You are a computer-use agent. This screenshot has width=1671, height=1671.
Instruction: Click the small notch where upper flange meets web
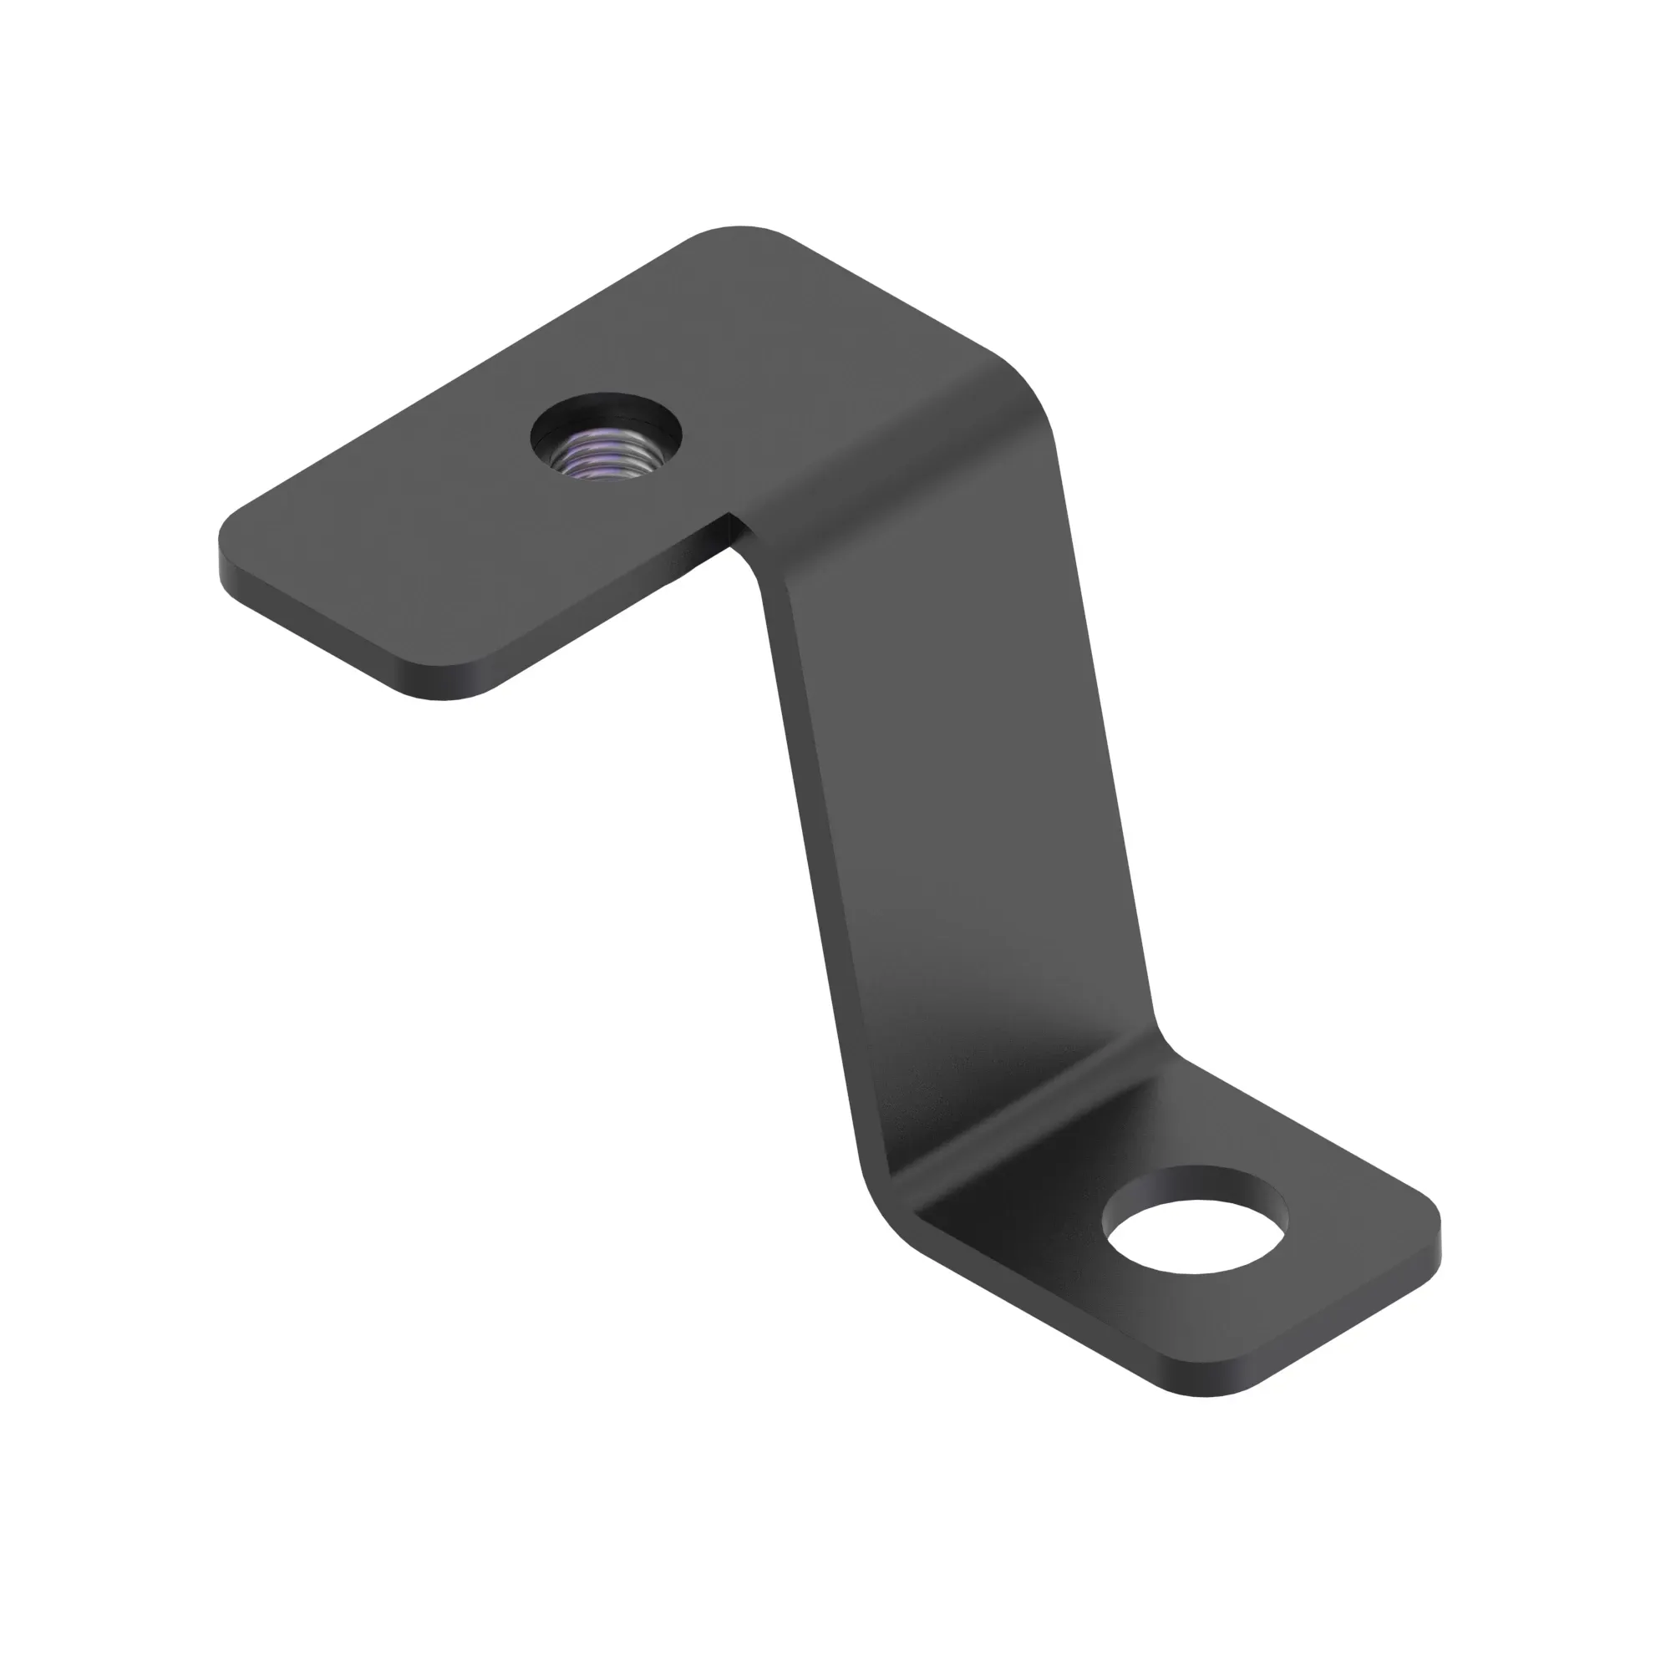735,530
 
